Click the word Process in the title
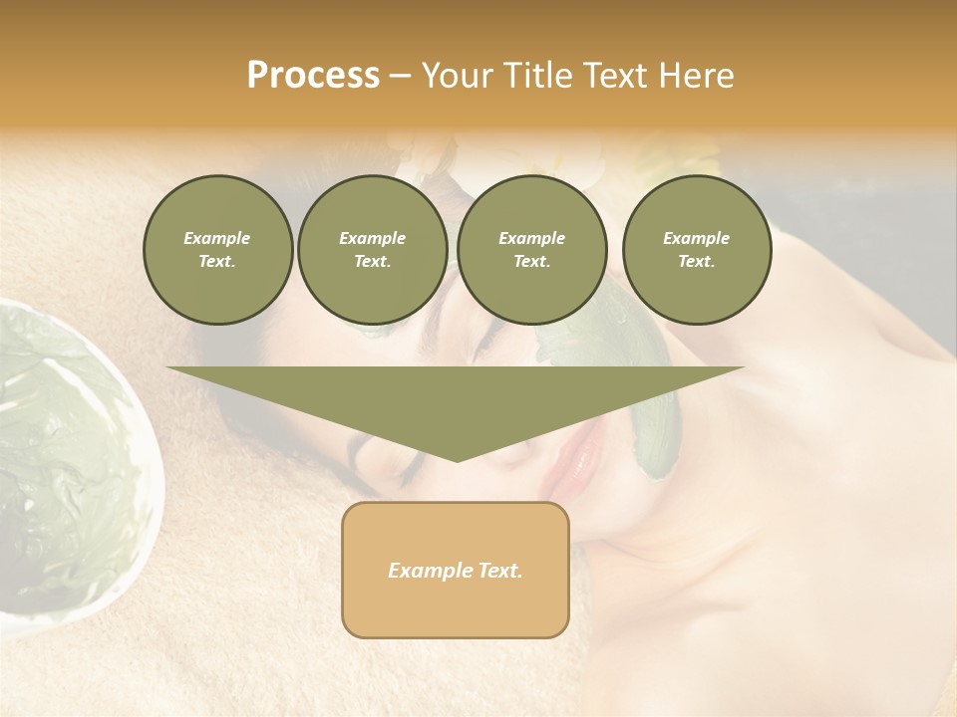coord(313,76)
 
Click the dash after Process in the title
coord(400,78)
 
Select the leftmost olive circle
coord(218,250)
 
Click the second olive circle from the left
coord(373,250)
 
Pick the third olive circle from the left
coord(532,250)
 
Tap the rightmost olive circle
coord(697,250)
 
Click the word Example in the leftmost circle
coord(217,238)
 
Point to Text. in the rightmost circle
coord(697,262)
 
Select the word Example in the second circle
coord(373,238)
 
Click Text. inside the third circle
coord(532,262)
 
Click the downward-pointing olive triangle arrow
coord(456,398)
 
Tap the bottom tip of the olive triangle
coord(457,459)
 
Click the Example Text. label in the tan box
coord(456,571)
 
